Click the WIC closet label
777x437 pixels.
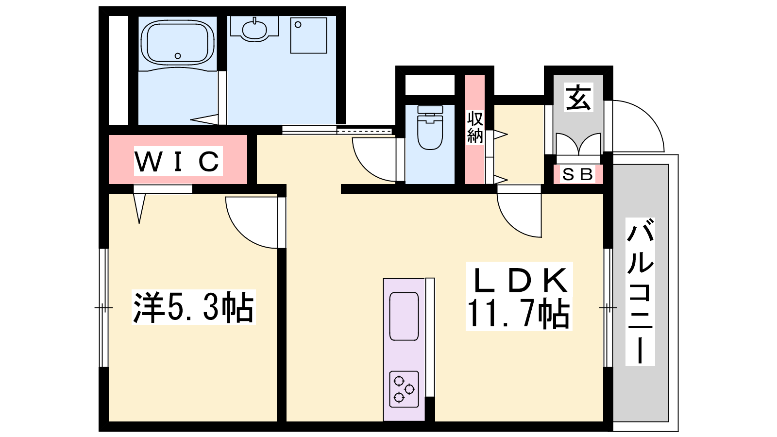coord(178,161)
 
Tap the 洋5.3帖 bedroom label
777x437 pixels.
coord(194,307)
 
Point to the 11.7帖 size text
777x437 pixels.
coord(519,314)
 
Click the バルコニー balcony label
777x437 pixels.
coord(640,292)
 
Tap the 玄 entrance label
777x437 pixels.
coord(578,98)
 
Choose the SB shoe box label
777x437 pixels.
coord(577,174)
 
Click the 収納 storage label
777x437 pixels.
coord(475,127)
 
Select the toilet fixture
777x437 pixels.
coord(430,127)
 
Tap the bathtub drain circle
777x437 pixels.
coord(178,55)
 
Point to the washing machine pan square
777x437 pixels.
coord(308,35)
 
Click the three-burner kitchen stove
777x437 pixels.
coord(404,389)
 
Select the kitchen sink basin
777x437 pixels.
coord(404,316)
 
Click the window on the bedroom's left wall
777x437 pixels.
coord(103,308)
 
